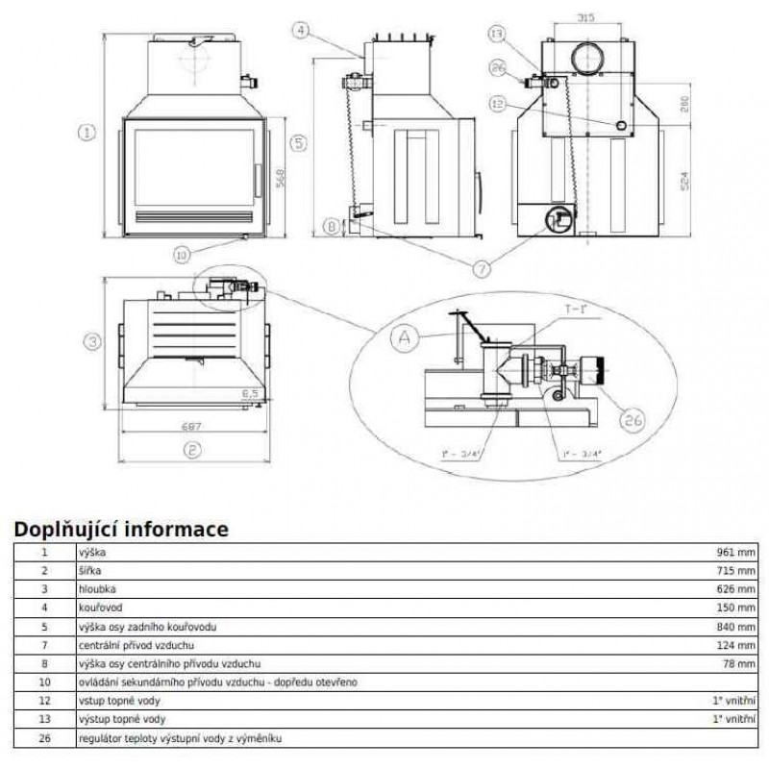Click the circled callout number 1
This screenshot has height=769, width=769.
click(x=87, y=133)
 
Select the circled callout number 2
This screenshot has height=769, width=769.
click(x=192, y=449)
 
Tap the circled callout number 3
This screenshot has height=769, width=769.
click(x=91, y=341)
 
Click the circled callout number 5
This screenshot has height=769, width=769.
click(x=298, y=142)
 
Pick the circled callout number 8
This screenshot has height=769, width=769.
click(x=332, y=228)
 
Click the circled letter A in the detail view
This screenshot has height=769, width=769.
click(x=404, y=336)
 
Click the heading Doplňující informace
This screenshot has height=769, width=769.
click(x=120, y=529)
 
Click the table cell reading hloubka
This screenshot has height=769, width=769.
click(x=97, y=589)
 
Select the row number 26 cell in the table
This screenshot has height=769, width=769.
click(x=43, y=738)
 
